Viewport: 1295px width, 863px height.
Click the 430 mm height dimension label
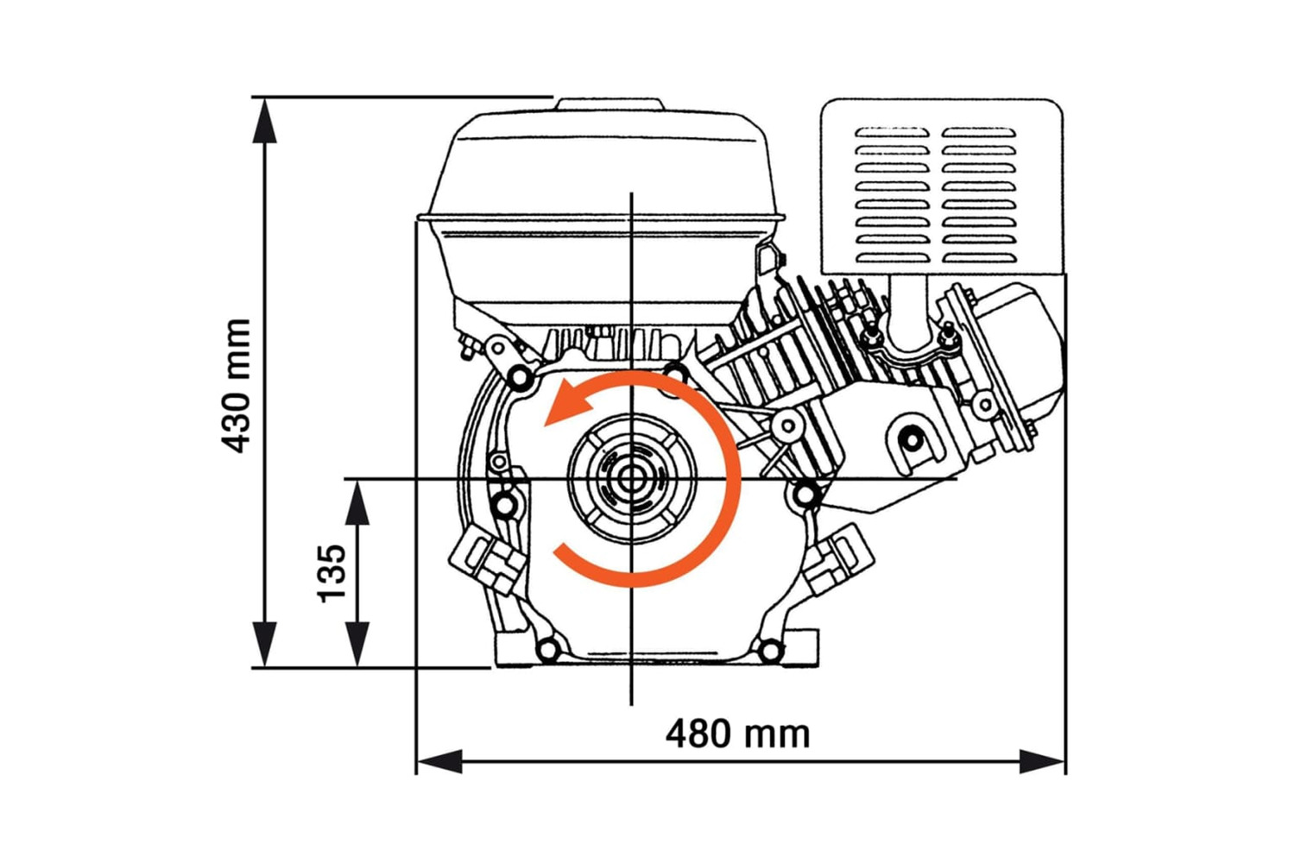click(x=236, y=386)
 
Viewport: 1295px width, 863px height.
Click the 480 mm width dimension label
click(x=737, y=734)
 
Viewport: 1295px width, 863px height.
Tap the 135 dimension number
click(x=332, y=573)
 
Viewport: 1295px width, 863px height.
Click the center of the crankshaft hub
click(x=633, y=479)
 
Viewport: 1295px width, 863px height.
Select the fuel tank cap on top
click(x=610, y=104)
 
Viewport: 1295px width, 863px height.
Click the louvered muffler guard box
click(x=941, y=186)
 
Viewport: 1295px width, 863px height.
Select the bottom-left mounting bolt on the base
click(x=547, y=649)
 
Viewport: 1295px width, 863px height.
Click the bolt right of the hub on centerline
click(x=805, y=494)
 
